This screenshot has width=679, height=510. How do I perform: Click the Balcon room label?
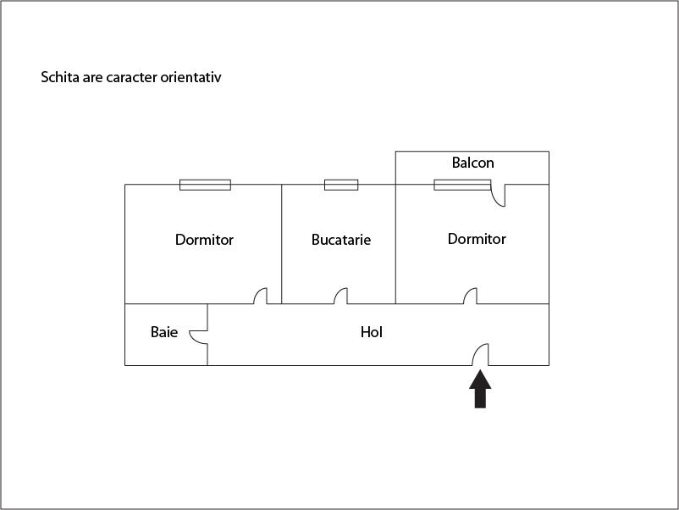[472, 163]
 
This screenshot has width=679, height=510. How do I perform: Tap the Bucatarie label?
[341, 240]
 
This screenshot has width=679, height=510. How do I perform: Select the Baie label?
[164, 332]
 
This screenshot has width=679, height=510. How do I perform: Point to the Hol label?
[372, 332]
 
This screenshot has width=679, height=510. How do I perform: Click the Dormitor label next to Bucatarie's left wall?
[204, 240]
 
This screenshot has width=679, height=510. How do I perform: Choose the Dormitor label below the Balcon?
[477, 239]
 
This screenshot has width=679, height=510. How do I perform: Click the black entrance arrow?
[480, 389]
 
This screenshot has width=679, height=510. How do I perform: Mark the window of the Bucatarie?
[341, 185]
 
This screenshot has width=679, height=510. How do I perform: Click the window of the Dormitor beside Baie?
[205, 185]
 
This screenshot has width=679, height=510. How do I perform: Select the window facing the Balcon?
[462, 185]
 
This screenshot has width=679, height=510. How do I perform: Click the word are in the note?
[92, 78]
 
